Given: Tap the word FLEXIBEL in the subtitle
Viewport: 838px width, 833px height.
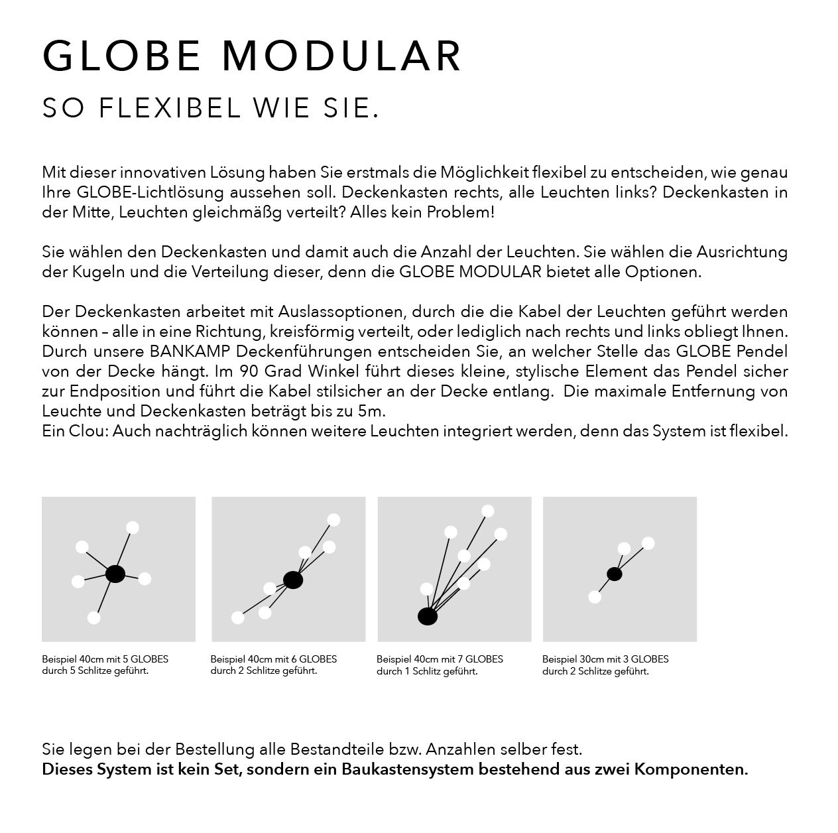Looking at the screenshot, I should point(170,109).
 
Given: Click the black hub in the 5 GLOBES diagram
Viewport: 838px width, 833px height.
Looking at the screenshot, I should point(115,574).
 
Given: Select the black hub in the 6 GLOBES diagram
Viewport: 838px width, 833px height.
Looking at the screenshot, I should point(293,580).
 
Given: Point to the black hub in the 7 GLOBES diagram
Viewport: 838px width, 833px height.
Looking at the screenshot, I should point(428,617).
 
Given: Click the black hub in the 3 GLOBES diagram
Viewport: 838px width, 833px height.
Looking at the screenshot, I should point(615,574).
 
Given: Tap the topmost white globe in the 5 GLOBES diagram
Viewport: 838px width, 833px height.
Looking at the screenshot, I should point(133,528).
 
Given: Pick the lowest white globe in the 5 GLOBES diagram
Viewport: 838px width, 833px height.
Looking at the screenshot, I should point(93,617).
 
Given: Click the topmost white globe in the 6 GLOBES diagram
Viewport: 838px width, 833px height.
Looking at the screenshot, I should point(333,520).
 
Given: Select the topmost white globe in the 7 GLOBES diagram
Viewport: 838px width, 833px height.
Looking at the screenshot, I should point(488,511).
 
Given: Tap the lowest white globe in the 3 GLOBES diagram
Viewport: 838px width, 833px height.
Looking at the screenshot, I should point(595,597).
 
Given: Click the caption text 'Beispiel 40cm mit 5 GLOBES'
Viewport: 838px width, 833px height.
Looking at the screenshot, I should point(105,659).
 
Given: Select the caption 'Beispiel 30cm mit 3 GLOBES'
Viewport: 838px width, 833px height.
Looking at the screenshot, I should point(605,659).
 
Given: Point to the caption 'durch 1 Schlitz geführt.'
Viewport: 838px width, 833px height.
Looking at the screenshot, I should point(427,671).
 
